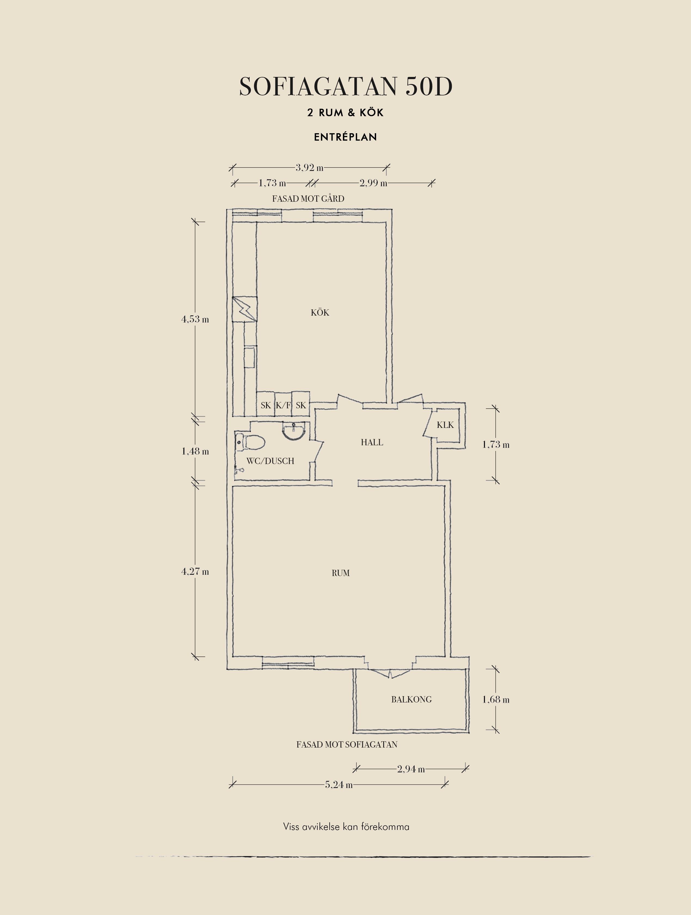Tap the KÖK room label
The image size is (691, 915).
[320, 312]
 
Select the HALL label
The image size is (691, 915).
[372, 442]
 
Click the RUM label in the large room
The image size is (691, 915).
[341, 573]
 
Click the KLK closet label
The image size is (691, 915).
[445, 425]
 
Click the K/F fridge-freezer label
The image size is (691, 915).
[283, 405]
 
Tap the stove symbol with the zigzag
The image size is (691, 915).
[245, 309]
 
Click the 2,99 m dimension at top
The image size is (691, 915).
[373, 183]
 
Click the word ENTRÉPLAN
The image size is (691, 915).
[346, 137]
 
